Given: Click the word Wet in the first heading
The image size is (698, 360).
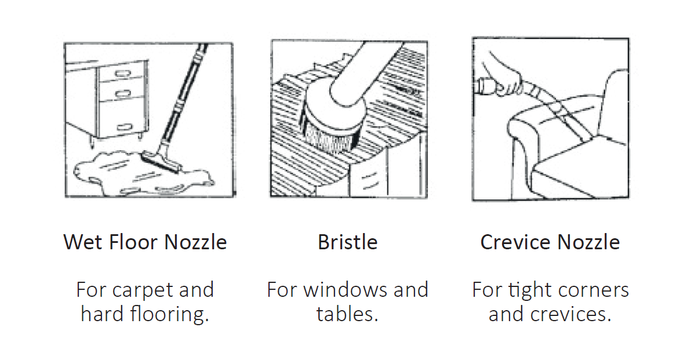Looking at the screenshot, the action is coord(83,242).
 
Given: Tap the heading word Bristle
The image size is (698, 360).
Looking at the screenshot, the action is coord(348,242).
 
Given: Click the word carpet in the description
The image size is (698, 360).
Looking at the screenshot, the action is coord(143,290).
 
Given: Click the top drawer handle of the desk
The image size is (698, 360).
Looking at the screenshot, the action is coord(123,74).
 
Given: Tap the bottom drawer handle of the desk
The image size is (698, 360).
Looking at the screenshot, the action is coord(125,127).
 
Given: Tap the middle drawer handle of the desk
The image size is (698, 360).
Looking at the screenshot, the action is coord(123,93).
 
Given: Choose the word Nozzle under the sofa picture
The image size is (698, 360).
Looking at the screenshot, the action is coord(588,242).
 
